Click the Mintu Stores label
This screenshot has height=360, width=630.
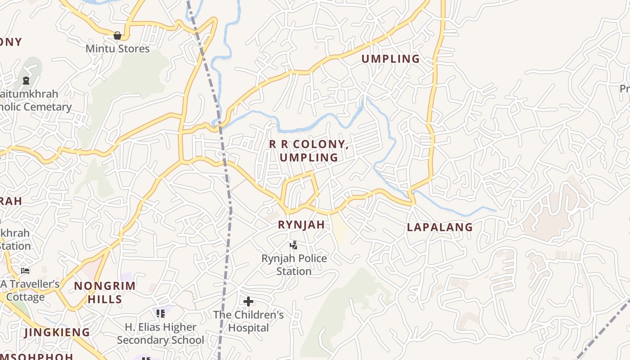117,49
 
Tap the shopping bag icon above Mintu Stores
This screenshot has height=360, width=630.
117,36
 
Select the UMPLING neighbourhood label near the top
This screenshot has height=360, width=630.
391,59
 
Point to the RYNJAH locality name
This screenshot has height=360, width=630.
301,225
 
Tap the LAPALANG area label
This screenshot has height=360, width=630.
440,227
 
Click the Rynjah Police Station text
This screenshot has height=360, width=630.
294,265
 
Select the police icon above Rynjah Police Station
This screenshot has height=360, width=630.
293,245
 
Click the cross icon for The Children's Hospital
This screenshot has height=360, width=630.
248,301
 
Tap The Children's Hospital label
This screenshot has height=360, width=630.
248,321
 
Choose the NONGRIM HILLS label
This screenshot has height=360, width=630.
104,292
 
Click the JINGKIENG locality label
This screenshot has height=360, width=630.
57,333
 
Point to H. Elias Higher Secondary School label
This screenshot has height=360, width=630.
160,333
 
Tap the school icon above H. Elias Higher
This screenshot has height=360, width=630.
160,313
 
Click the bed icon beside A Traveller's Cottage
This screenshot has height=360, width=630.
25,271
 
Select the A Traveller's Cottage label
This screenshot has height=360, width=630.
30,290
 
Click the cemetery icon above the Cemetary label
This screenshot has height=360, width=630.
26,81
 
